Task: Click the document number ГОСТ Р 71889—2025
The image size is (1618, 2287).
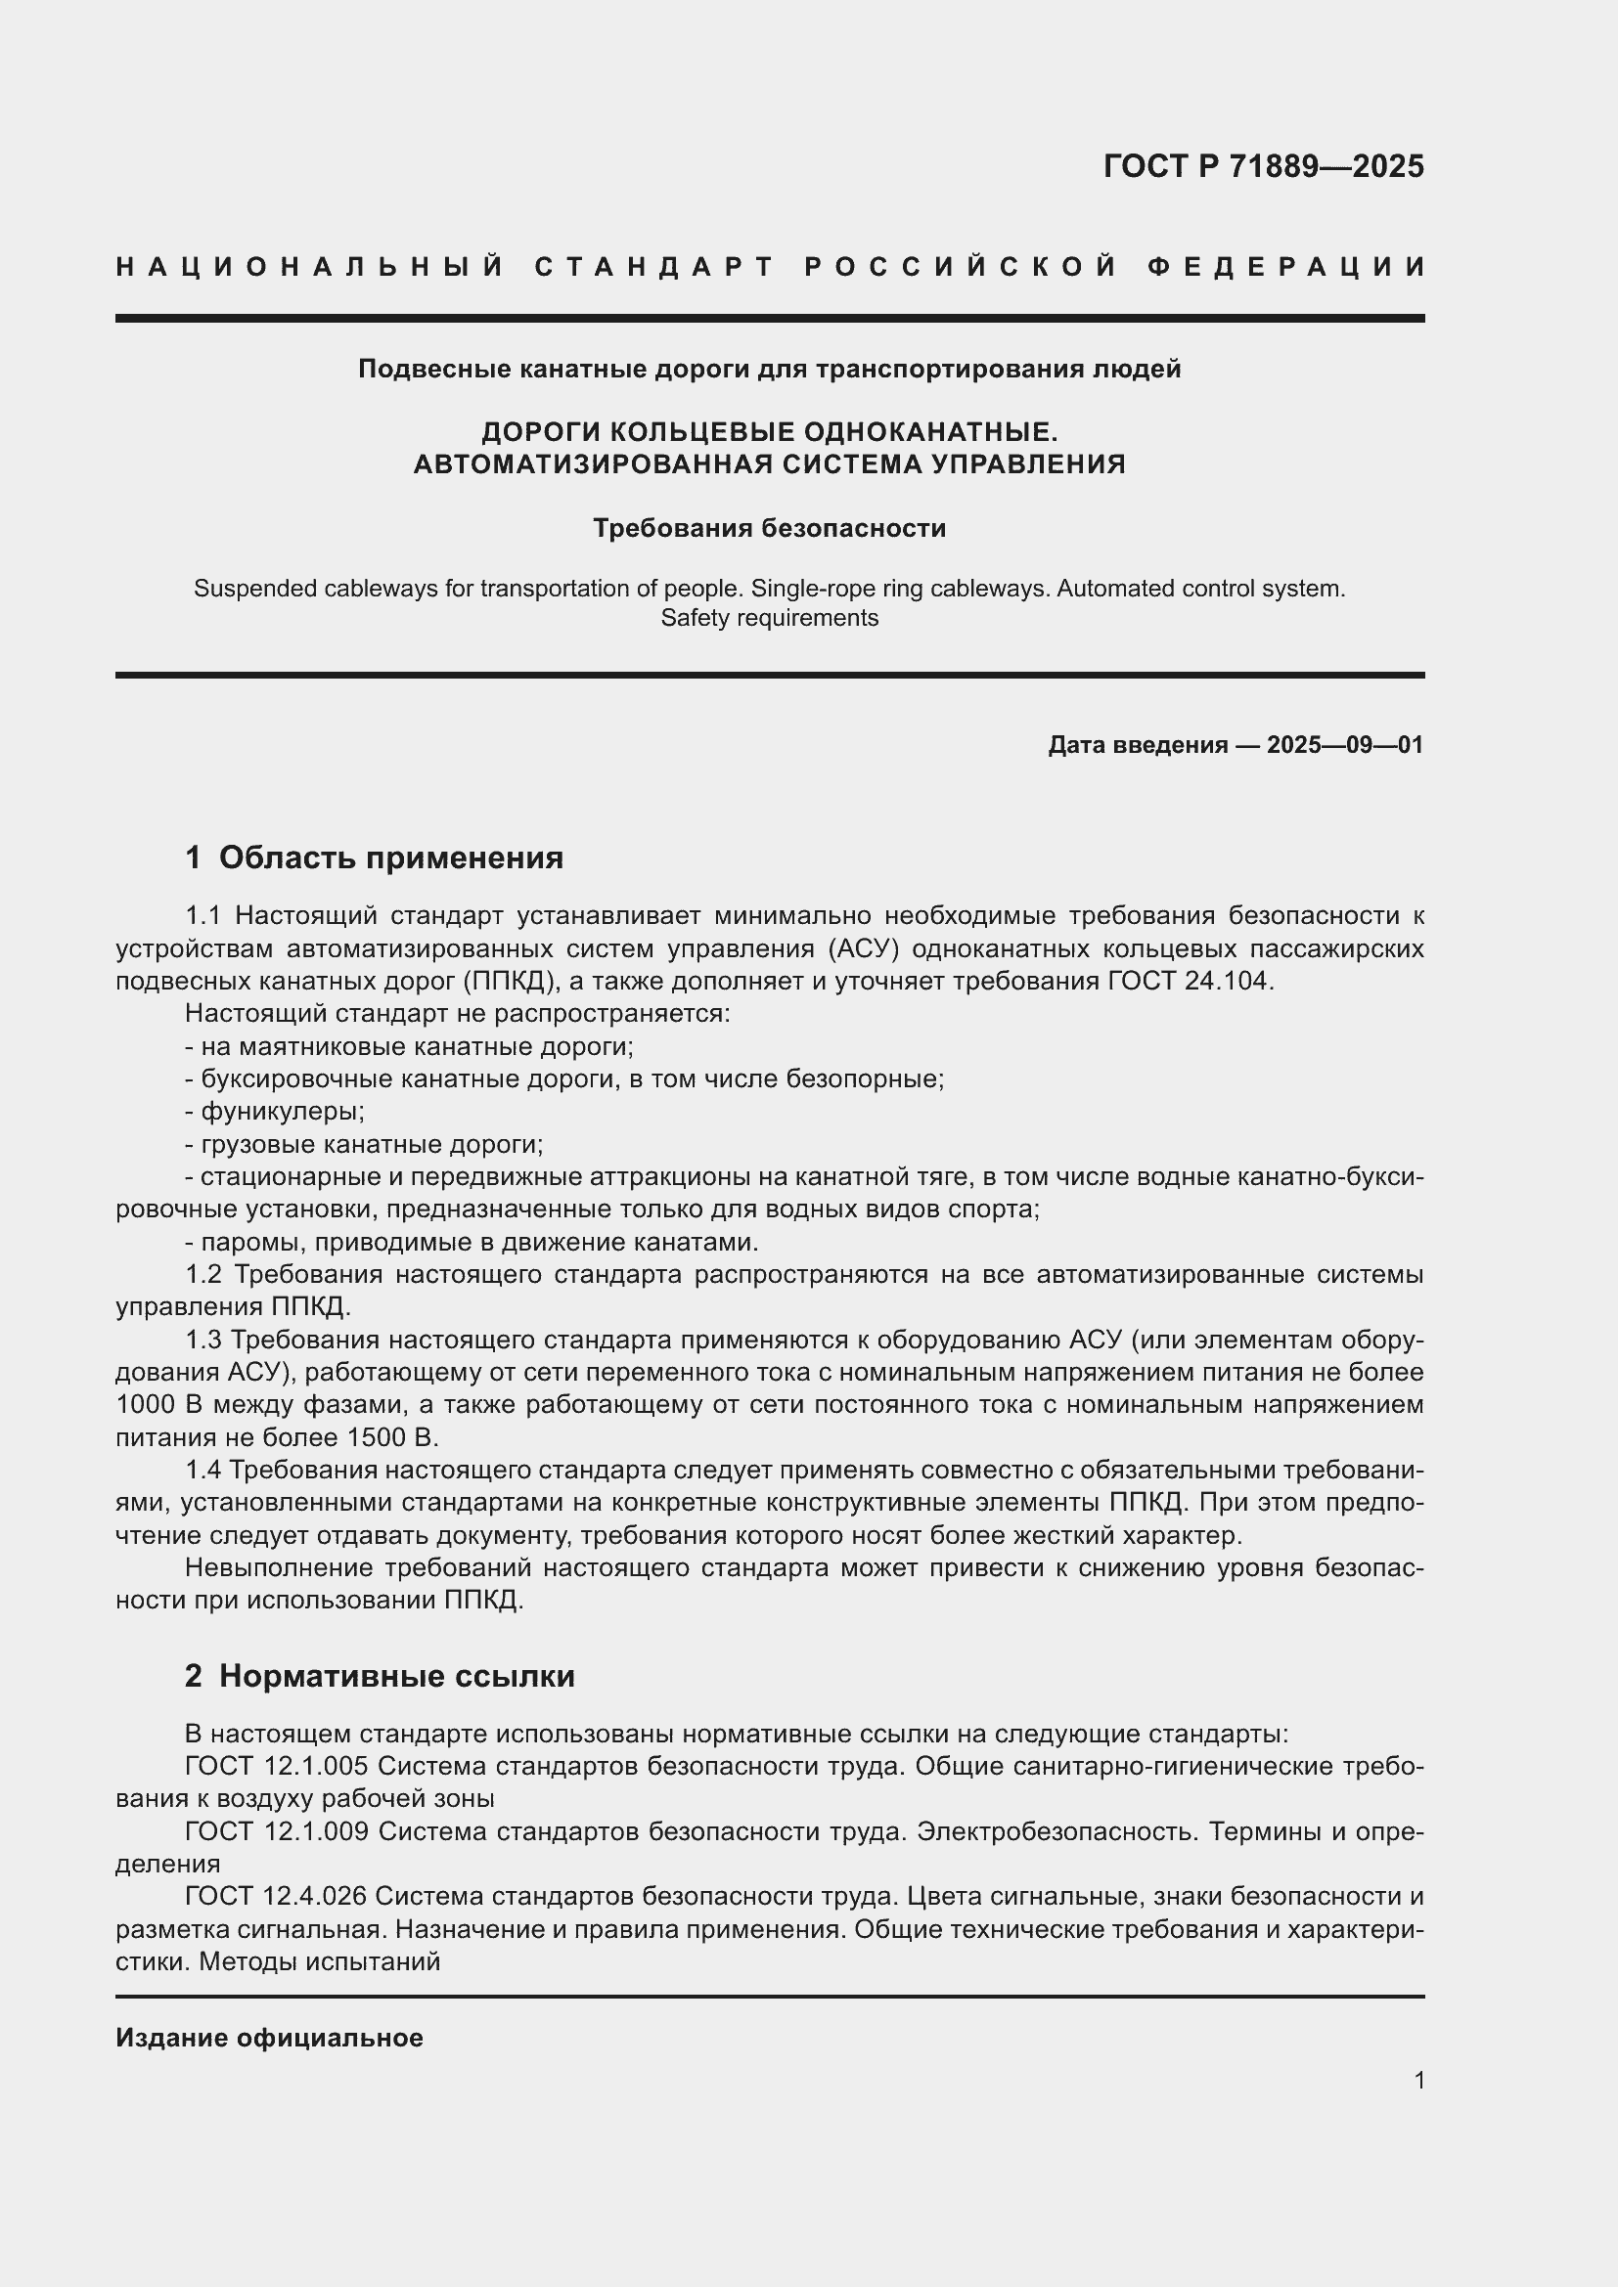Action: click(x=1262, y=166)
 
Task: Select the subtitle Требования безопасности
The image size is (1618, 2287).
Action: click(x=769, y=528)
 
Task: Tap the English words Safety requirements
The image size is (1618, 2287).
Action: click(x=769, y=618)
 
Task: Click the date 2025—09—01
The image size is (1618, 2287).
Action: click(x=1344, y=745)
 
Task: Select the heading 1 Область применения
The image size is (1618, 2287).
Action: click(x=375, y=858)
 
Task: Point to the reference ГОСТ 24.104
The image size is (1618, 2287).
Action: click(x=1190, y=981)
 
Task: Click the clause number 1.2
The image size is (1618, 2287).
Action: click(x=205, y=1275)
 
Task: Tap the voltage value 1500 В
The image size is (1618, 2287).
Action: click(x=392, y=1437)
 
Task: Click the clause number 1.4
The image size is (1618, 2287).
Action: click(x=205, y=1471)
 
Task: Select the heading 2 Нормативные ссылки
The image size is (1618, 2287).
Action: click(x=380, y=1677)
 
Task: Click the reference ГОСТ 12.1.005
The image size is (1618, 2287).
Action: click(x=277, y=1766)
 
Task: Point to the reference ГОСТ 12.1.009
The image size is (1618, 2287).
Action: click(x=277, y=1830)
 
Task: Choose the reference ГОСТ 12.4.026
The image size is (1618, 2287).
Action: click(x=277, y=1897)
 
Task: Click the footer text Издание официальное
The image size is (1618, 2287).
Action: click(x=269, y=2038)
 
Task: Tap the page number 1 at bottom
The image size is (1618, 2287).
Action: click(x=1418, y=2080)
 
